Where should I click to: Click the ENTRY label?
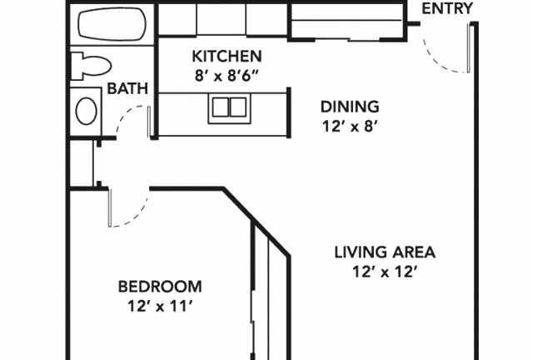[447, 8]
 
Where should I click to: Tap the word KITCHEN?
[227, 57]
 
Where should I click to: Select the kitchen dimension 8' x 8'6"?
[227, 76]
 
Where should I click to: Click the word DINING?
[350, 107]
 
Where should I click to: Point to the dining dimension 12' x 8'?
[350, 127]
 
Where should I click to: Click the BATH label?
[127, 88]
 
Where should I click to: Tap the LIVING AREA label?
[385, 252]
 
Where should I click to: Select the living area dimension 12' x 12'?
[385, 272]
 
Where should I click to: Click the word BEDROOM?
[160, 287]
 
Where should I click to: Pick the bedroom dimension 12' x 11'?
[160, 306]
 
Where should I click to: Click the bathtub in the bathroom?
[112, 24]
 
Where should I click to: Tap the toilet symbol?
[91, 66]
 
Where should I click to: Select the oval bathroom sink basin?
[87, 111]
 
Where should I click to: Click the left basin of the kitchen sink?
[220, 107]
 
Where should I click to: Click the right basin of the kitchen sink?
[238, 107]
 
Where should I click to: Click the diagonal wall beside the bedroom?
[257, 221]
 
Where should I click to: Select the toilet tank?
[77, 66]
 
